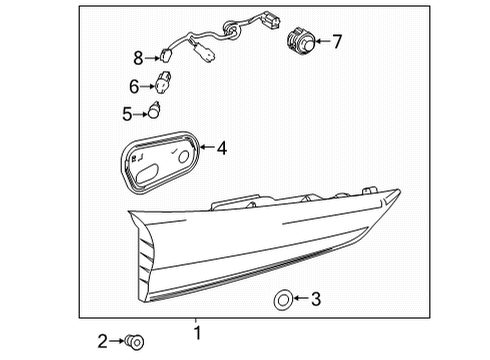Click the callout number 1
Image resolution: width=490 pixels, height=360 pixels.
(197, 332)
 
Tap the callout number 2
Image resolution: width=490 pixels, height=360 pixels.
(102, 342)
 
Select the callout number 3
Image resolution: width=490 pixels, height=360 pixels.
(316, 297)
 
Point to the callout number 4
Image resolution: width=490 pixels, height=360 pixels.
(222, 149)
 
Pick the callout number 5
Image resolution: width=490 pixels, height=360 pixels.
(127, 114)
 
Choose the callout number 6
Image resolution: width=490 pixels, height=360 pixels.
(133, 87)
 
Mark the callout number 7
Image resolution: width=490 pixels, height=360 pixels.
(337, 42)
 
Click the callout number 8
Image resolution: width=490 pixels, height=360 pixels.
(139, 57)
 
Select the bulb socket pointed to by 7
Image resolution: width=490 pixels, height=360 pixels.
(298, 41)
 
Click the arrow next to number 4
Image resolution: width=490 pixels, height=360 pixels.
(206, 149)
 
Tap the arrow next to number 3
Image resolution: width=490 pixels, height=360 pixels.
(300, 297)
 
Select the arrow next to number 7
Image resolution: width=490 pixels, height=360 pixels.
(321, 42)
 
